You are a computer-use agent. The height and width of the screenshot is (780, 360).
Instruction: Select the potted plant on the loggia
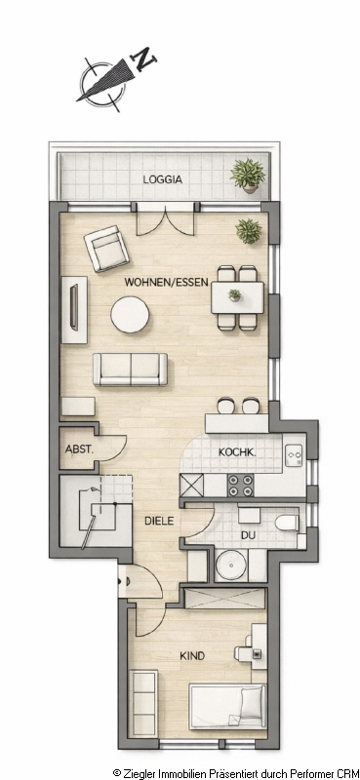[248, 175]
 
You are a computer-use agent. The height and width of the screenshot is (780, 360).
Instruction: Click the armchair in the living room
[106, 249]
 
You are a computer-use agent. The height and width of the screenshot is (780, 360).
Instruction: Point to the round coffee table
[130, 314]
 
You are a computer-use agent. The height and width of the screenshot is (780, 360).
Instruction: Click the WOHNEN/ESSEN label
[166, 283]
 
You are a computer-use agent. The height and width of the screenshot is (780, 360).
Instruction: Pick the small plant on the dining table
[234, 295]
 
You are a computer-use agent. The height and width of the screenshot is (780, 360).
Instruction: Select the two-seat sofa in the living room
[131, 370]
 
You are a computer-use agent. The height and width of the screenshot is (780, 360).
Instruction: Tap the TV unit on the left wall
[74, 309]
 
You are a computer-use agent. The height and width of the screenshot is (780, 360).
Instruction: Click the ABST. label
[79, 448]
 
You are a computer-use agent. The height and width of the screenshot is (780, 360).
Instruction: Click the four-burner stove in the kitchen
[241, 485]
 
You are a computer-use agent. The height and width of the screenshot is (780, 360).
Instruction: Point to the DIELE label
[159, 521]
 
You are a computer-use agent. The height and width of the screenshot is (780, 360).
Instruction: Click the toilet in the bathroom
[287, 524]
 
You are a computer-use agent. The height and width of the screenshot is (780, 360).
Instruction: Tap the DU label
[248, 536]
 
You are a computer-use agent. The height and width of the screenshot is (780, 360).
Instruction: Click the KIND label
[192, 656]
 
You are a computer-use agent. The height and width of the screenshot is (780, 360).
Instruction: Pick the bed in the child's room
[228, 705]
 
